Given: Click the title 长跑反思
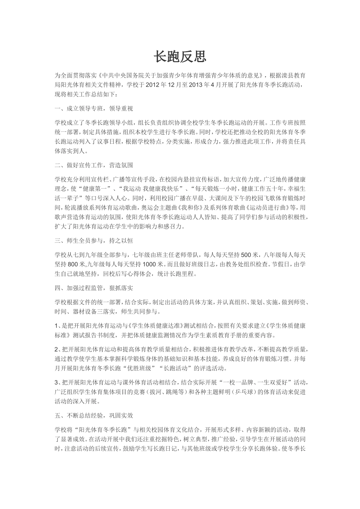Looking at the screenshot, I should point(180,57).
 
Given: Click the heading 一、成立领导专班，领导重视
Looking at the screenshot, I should point(94,109).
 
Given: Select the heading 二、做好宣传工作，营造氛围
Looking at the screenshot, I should point(94,166).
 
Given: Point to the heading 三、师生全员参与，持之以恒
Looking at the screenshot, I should point(94,240).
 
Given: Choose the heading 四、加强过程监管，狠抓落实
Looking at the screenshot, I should point(94,288).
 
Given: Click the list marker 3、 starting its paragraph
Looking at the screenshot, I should point(58,382).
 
